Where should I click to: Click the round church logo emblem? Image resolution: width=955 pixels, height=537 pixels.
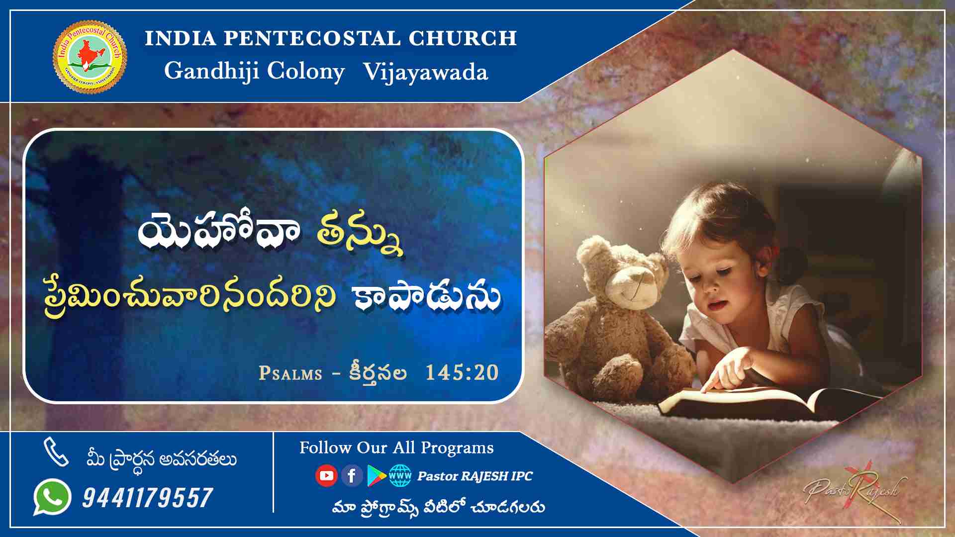90,56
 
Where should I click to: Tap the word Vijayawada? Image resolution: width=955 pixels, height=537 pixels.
426,72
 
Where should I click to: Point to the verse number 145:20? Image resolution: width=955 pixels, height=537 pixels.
462,372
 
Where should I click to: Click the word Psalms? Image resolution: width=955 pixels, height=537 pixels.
290,373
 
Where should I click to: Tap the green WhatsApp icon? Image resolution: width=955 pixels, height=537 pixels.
52,497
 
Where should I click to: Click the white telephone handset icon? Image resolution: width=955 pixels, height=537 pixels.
56,452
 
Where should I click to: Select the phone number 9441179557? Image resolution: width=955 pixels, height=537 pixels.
148,498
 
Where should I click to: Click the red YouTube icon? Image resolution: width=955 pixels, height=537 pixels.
326,476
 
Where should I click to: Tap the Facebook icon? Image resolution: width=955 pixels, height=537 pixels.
352,476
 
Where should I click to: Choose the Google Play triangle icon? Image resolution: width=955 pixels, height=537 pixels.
377,476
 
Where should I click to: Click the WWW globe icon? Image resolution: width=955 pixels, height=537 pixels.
400,476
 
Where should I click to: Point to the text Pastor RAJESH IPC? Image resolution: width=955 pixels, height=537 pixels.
475,476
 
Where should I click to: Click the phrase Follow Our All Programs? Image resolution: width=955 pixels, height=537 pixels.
396,447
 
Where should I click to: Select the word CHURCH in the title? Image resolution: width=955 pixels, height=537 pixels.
463,38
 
